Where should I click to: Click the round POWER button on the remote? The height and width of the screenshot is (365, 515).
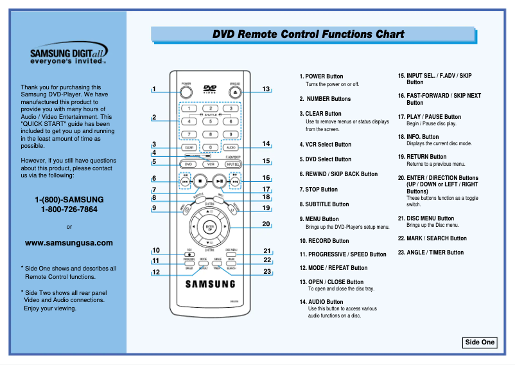pyautogui.click(x=186, y=92)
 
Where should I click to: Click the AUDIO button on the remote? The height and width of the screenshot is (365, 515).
pyautogui.click(x=231, y=147)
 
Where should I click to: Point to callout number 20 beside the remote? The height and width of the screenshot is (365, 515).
pyautogui.click(x=266, y=224)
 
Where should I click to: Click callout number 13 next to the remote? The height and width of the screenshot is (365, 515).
pyautogui.click(x=266, y=89)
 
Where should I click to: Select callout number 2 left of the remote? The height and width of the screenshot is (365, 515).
pyautogui.click(x=154, y=117)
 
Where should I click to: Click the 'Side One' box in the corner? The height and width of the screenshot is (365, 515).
pyautogui.click(x=480, y=342)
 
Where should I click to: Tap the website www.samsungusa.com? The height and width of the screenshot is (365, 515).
pyautogui.click(x=69, y=243)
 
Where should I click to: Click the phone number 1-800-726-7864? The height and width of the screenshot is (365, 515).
pyautogui.click(x=69, y=209)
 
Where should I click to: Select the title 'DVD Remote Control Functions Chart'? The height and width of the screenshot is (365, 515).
pyautogui.click(x=309, y=35)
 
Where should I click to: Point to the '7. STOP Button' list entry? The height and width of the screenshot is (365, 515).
pyautogui.click(x=319, y=190)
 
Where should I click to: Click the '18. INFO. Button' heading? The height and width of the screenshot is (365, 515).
pyautogui.click(x=424, y=136)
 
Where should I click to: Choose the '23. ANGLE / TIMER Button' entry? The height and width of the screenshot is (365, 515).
pyautogui.click(x=431, y=253)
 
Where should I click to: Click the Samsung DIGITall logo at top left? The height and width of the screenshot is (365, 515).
pyautogui.click(x=69, y=55)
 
